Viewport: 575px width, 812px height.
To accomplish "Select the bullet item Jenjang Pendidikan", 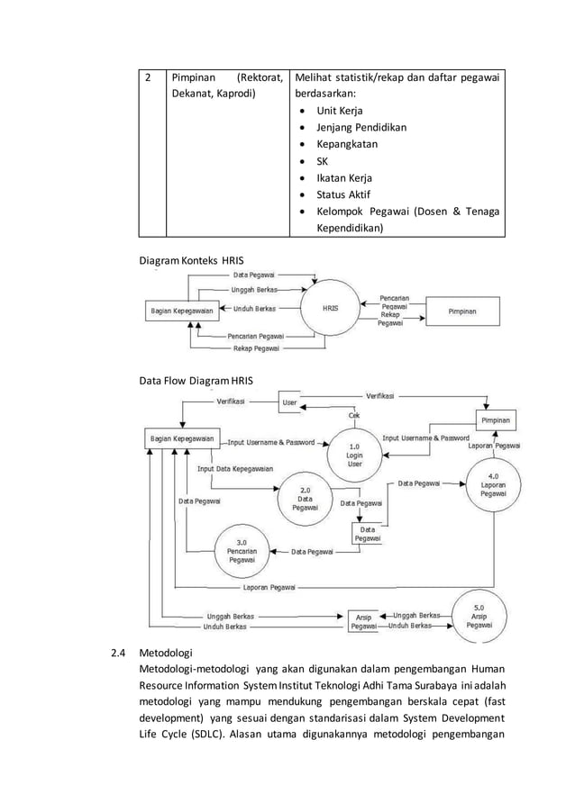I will coord(361,127).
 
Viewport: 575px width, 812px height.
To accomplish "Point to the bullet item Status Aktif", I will coord(342,194).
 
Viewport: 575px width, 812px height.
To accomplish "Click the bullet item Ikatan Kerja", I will coord(343,177).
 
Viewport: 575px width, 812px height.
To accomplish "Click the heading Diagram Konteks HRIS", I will coord(191,260).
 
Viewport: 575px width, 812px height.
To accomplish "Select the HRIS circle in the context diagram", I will coord(331,307).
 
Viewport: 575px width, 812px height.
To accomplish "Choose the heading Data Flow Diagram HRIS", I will coord(196,381).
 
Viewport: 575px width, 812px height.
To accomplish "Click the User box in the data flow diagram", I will coord(289,402).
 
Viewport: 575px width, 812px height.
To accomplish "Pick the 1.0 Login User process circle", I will coord(354,453).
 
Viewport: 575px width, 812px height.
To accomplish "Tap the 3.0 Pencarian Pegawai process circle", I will coord(242,549).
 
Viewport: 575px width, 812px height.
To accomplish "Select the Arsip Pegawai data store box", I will coord(363,621).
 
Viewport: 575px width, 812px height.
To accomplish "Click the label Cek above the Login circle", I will coord(355,415).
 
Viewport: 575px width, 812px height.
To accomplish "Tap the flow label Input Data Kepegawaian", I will coord(236,468).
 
